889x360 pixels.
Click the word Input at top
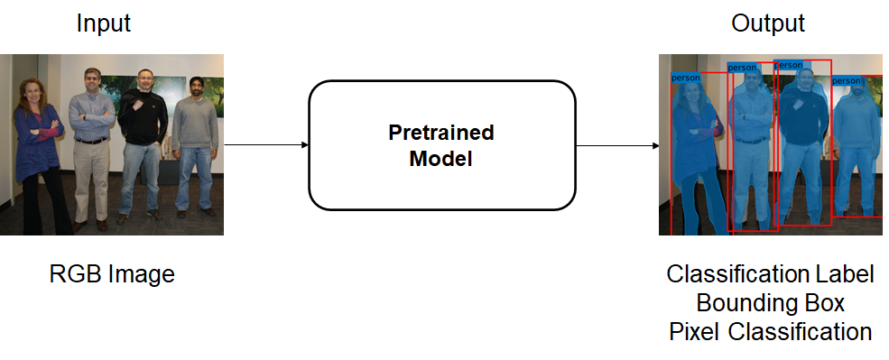click(x=104, y=23)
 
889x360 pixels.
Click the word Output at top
click(x=768, y=23)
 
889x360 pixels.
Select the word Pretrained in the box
click(x=441, y=133)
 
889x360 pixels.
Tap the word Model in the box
click(x=441, y=158)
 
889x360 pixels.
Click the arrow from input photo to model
click(x=266, y=145)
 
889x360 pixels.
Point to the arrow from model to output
click(x=617, y=145)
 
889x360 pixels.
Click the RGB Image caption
click(x=112, y=274)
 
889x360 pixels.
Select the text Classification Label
click(x=770, y=274)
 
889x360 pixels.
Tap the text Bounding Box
click(x=770, y=303)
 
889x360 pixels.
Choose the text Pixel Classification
click(x=770, y=332)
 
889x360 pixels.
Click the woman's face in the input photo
click(x=32, y=92)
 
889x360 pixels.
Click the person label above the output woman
click(x=685, y=78)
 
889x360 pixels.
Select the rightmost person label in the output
click(x=847, y=81)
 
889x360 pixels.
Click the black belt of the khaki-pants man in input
click(x=91, y=141)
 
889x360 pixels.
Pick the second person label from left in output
click(x=742, y=68)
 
